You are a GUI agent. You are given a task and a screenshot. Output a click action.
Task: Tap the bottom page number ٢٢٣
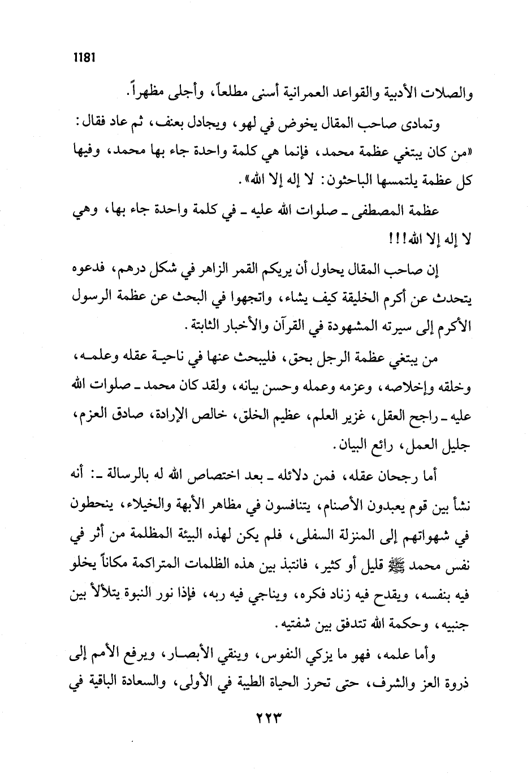pyautogui.click(x=265, y=715)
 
